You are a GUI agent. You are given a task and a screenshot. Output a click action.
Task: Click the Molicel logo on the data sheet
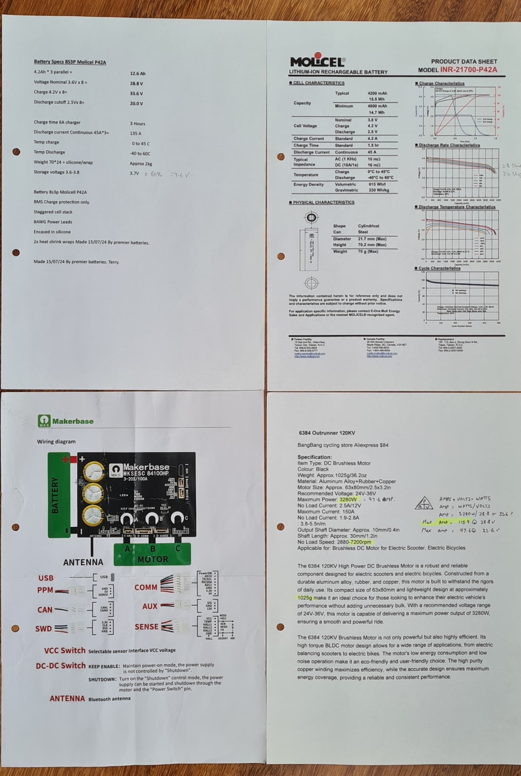tap(318, 61)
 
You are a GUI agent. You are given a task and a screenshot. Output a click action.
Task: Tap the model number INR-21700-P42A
tap(469, 70)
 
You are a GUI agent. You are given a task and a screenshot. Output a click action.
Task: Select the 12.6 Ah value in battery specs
tap(138, 73)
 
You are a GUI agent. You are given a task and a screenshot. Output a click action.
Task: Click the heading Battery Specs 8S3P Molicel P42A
tap(70, 62)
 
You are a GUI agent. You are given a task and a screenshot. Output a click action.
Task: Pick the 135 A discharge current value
tap(136, 133)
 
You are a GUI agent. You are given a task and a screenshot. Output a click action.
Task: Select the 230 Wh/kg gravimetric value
tap(379, 190)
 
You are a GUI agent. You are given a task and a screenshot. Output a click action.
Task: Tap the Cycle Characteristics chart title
tap(439, 268)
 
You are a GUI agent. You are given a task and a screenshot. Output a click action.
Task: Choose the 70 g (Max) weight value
tap(368, 252)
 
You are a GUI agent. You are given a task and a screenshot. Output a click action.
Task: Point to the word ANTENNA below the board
tap(83, 562)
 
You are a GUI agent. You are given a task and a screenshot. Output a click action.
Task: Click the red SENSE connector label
tap(146, 627)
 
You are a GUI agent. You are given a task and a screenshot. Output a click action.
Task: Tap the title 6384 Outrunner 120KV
tap(327, 433)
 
